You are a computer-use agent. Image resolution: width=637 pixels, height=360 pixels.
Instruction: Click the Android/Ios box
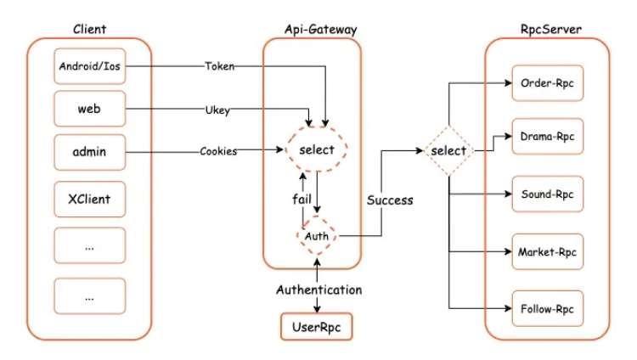(x=89, y=66)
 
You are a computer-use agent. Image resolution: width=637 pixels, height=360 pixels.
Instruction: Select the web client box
(x=89, y=109)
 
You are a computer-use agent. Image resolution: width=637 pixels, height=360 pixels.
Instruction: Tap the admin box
(x=89, y=154)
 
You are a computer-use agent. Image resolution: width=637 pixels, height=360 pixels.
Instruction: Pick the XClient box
(x=89, y=200)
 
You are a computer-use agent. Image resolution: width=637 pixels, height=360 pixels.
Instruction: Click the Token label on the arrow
(x=220, y=66)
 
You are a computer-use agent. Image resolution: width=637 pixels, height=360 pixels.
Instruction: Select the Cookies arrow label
(x=218, y=152)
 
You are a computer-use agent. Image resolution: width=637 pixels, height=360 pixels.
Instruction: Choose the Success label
(x=390, y=200)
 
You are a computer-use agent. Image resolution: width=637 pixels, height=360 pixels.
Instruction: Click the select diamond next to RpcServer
(x=448, y=151)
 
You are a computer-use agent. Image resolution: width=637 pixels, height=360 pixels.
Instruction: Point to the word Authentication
(x=318, y=290)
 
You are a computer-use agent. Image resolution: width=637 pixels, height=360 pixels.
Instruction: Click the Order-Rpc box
(x=547, y=84)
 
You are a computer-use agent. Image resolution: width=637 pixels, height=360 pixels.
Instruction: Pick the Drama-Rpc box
(x=547, y=136)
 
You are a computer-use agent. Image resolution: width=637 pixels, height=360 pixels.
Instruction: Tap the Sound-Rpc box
(x=547, y=194)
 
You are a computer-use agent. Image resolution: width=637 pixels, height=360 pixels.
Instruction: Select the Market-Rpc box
(x=547, y=252)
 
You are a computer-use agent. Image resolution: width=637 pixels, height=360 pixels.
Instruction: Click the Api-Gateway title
(x=320, y=29)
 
